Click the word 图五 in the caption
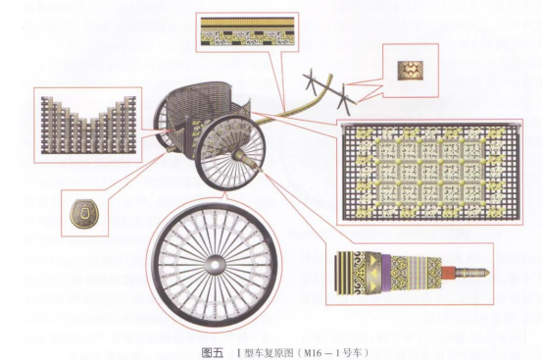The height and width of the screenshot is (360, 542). [209, 350]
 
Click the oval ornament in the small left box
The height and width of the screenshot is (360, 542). [87, 214]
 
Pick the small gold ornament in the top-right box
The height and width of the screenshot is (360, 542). [405, 71]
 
